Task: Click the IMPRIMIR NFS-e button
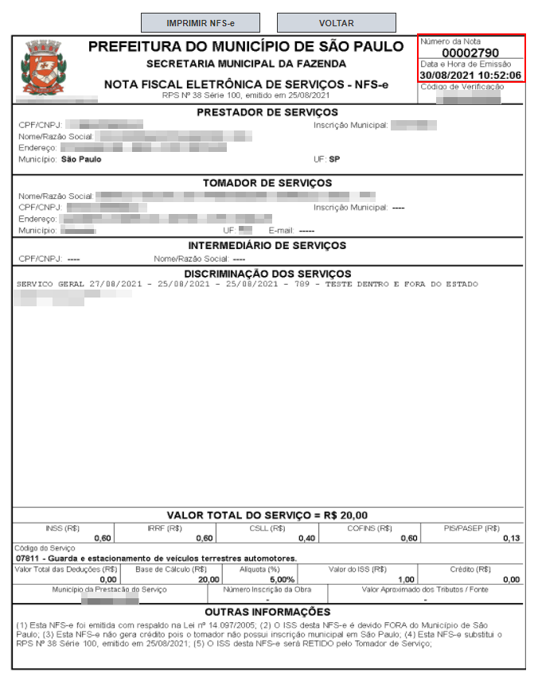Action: click(x=201, y=23)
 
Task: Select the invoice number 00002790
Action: click(x=470, y=53)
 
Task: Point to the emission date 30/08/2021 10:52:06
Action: click(x=470, y=76)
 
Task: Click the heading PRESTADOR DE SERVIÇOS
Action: click(x=267, y=112)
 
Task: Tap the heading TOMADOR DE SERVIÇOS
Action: click(x=267, y=183)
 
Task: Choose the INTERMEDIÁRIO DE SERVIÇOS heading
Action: click(x=267, y=245)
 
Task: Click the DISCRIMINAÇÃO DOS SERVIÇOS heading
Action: click(x=267, y=274)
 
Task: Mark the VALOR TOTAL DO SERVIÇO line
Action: click(x=267, y=515)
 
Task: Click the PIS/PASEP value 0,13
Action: click(x=512, y=539)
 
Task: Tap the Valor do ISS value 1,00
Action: click(x=406, y=579)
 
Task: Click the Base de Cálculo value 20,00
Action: click(x=208, y=579)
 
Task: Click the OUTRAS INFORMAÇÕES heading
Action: click(x=267, y=612)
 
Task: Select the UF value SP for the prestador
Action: click(x=334, y=159)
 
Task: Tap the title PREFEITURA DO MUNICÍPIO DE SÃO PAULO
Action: click(x=246, y=47)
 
